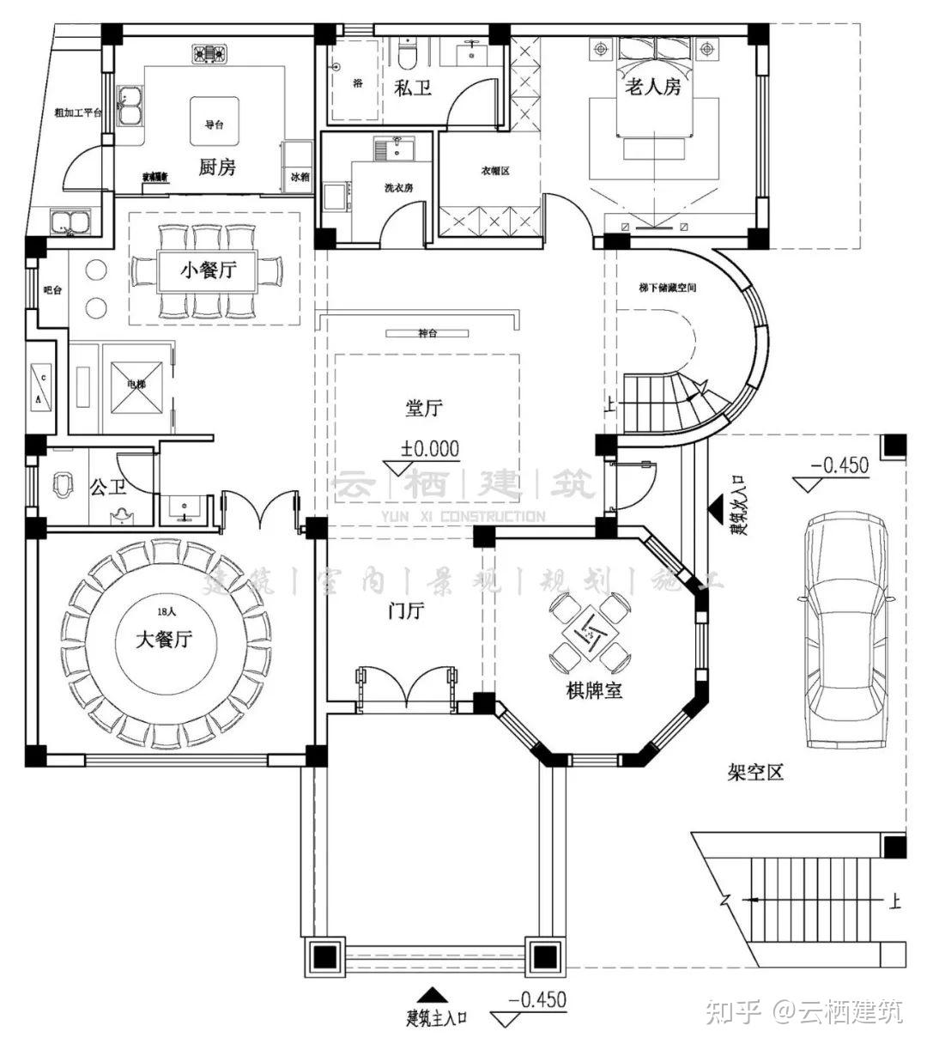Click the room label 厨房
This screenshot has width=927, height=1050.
pyautogui.click(x=216, y=167)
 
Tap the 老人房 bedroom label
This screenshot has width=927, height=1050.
pyautogui.click(x=652, y=86)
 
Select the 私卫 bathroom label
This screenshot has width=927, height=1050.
pyautogui.click(x=413, y=87)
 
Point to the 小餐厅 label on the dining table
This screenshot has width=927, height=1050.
pyautogui.click(x=206, y=271)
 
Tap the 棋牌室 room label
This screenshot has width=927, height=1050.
pyautogui.click(x=594, y=690)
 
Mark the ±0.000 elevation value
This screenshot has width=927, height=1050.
pyautogui.click(x=429, y=448)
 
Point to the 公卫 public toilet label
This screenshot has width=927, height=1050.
pyautogui.click(x=108, y=488)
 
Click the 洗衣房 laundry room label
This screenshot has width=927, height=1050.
pyautogui.click(x=399, y=188)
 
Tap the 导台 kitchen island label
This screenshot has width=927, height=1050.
pyautogui.click(x=214, y=125)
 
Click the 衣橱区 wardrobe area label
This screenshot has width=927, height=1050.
pyautogui.click(x=495, y=171)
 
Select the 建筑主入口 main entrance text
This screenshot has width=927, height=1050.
pyautogui.click(x=437, y=1019)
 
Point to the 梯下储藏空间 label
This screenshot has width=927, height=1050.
pyautogui.click(x=668, y=287)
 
